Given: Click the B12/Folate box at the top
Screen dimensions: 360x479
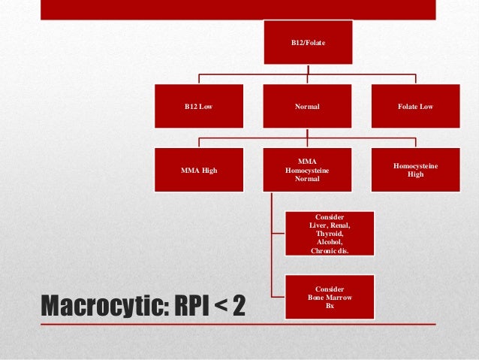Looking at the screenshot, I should point(307,43).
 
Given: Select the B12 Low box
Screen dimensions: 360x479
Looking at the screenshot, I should point(199,107).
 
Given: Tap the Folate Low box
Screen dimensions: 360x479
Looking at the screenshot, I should point(415,107).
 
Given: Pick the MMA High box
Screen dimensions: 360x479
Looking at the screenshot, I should point(199,171).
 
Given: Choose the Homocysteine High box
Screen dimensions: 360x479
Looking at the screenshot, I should point(415,170).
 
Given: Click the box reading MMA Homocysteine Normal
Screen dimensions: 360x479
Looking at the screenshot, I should point(307,171).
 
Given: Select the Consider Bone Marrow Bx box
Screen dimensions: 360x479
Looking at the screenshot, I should point(330,296).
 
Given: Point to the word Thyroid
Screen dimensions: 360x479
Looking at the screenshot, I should point(330,234).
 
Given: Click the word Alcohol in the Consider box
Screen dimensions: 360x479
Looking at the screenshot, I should point(330,242).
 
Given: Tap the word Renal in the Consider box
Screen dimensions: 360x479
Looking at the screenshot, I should point(340,225).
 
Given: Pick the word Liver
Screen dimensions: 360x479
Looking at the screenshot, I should point(318,225).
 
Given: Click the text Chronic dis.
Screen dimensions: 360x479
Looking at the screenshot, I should point(330,250).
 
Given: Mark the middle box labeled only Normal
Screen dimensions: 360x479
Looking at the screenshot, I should point(307,107).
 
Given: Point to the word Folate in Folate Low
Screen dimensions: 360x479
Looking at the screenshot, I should point(408,107).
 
